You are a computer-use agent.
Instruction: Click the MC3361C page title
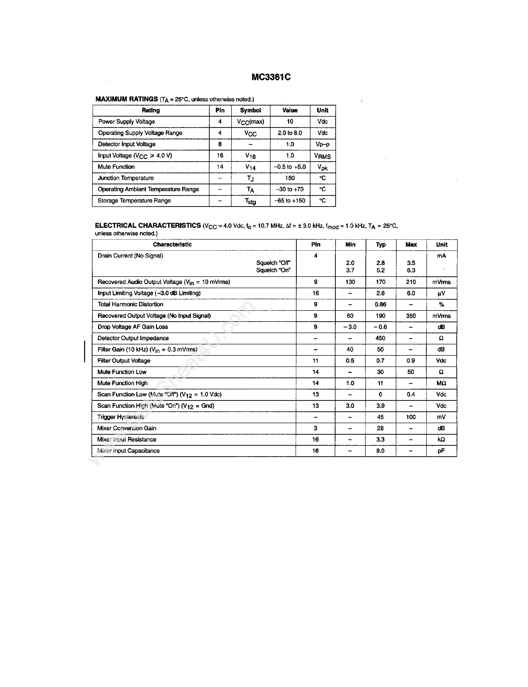271,77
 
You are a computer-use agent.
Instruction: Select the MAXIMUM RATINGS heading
127,99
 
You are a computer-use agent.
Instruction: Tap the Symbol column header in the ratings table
250,110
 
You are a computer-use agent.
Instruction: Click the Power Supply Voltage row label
126,122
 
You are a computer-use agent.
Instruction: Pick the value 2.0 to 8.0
290,133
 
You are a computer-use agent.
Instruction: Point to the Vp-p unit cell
322,144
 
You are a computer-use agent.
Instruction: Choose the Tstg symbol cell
250,201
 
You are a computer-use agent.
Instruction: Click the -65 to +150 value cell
290,201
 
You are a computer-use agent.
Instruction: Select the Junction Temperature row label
126,178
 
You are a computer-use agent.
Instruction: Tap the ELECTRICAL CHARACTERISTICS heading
148,226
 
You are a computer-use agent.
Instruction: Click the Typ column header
381,245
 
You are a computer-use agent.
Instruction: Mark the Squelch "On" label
273,270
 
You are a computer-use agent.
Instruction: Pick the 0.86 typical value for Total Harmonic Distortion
381,305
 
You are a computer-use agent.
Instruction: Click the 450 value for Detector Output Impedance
380,338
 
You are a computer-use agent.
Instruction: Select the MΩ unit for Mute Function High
441,383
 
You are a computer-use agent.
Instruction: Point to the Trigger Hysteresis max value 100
411,417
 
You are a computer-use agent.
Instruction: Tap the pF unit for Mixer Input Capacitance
441,451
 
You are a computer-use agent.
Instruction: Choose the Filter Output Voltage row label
124,361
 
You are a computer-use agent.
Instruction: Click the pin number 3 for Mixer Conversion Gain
316,428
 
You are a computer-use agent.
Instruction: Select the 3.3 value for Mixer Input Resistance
380,439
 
